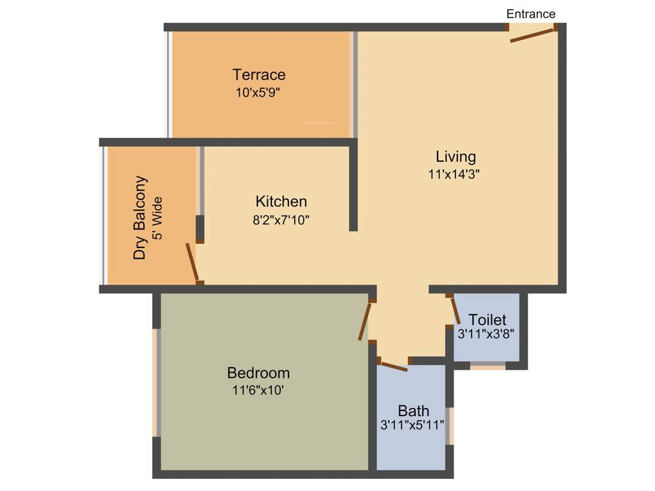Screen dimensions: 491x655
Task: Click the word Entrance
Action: tap(531, 13)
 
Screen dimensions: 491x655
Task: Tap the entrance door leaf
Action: tap(532, 36)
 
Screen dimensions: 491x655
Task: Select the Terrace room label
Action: tap(259, 75)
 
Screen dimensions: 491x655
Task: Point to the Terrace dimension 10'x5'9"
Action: tap(258, 92)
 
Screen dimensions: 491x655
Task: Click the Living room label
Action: tap(456, 157)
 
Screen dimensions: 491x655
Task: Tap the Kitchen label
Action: tap(281, 201)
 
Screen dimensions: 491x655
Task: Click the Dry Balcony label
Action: tap(140, 217)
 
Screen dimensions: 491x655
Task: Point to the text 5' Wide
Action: tap(157, 217)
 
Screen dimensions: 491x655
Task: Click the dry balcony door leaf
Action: tap(191, 262)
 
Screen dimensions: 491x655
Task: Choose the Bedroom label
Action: tap(258, 373)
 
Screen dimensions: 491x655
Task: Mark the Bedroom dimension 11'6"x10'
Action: tap(258, 390)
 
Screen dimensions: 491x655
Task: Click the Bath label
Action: tap(414, 410)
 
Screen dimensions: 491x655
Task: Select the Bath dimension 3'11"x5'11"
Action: tap(413, 426)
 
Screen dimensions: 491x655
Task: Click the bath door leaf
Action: tap(393, 366)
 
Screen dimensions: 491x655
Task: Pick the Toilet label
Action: tap(487, 320)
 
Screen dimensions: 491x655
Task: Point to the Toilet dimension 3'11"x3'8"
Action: tap(486, 334)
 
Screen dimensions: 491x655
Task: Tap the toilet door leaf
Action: tap(455, 311)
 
